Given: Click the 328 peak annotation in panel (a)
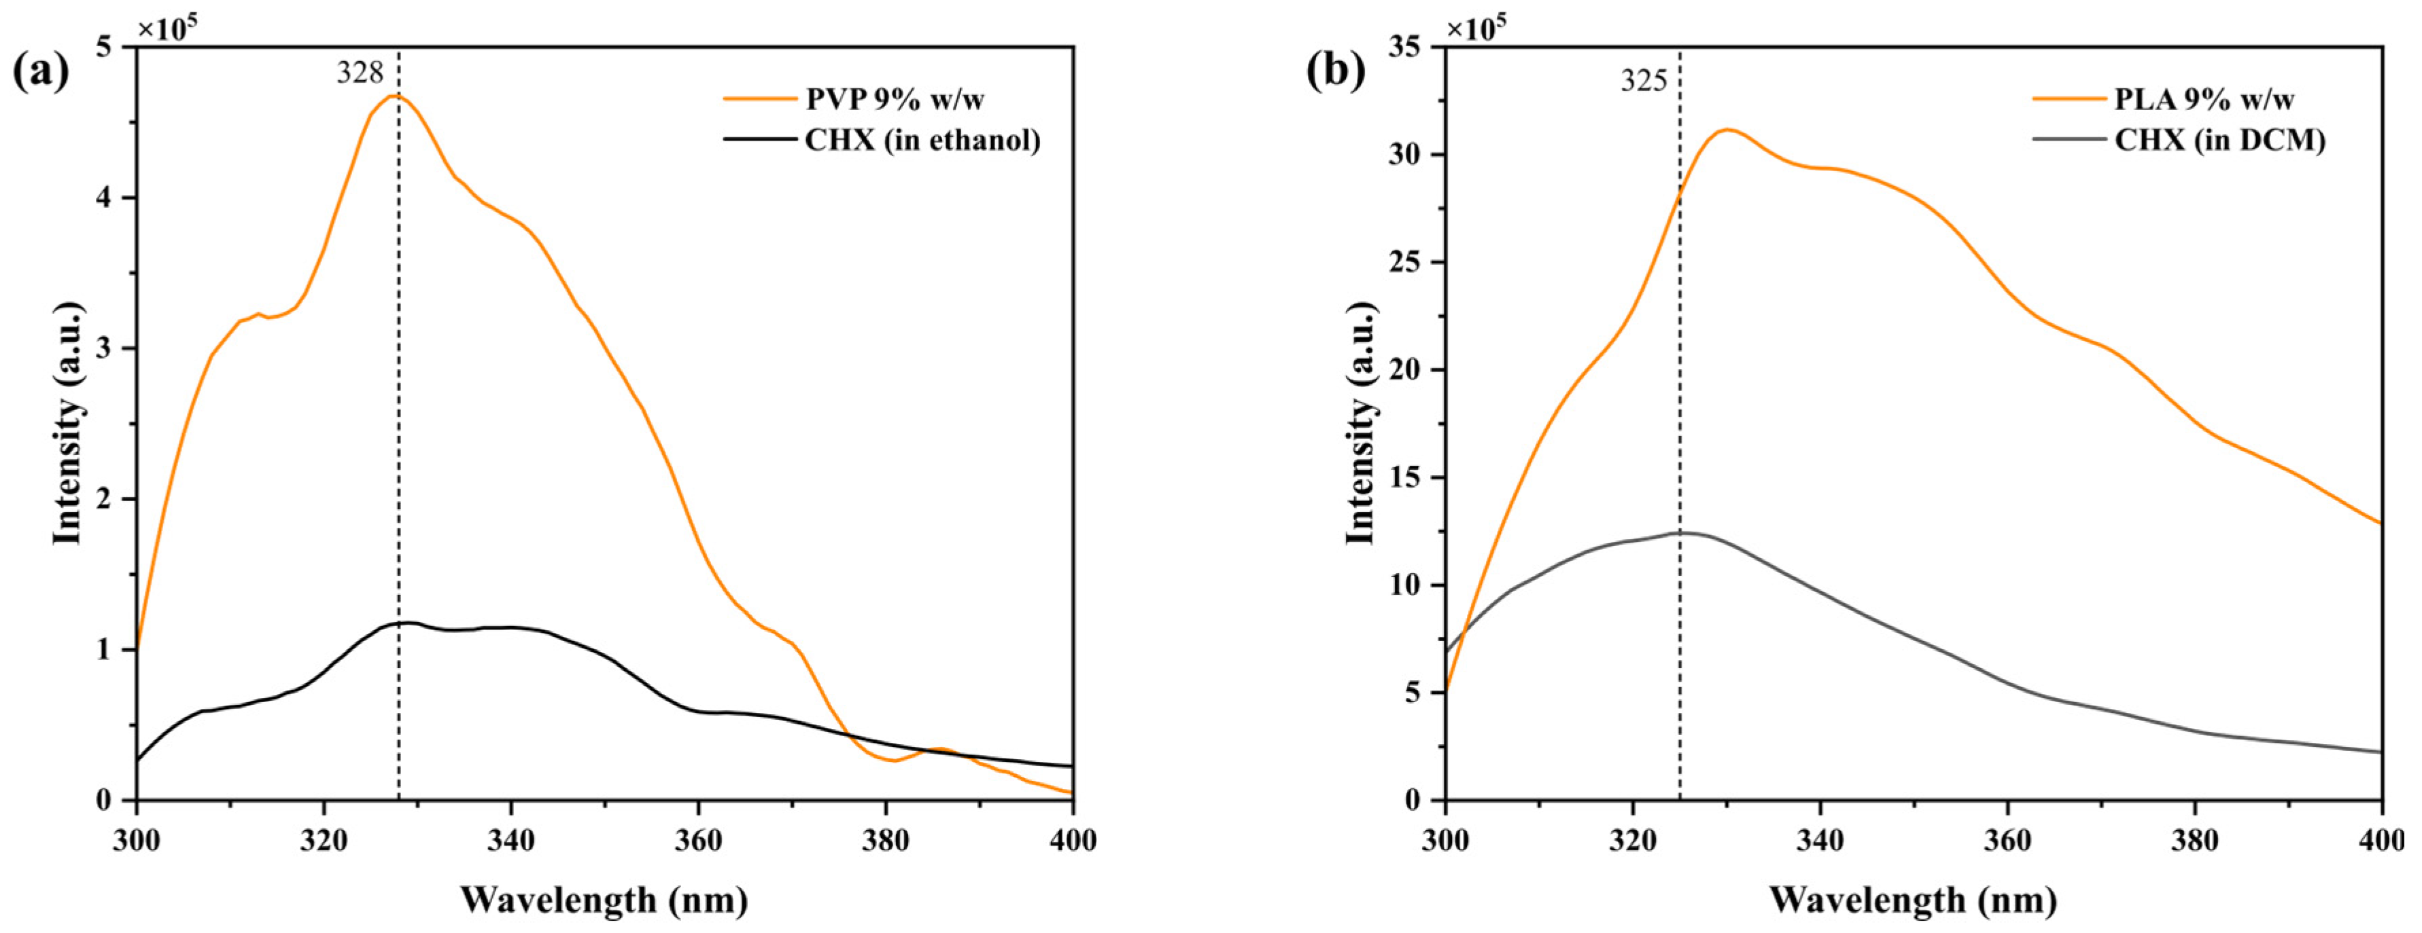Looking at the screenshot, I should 360,73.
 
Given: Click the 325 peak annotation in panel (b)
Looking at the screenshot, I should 1644,81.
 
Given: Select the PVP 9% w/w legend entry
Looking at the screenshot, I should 894,98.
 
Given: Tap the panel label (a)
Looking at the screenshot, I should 40,71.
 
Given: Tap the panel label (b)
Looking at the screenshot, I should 1335,71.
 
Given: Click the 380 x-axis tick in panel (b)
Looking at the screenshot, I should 2194,839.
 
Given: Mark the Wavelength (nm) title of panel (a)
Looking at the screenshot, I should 604,900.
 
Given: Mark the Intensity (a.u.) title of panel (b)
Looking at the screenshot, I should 1360,423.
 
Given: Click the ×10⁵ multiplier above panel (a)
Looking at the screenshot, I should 167,29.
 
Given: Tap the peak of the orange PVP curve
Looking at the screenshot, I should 396,96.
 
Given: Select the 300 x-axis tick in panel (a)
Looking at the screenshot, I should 137,839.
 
